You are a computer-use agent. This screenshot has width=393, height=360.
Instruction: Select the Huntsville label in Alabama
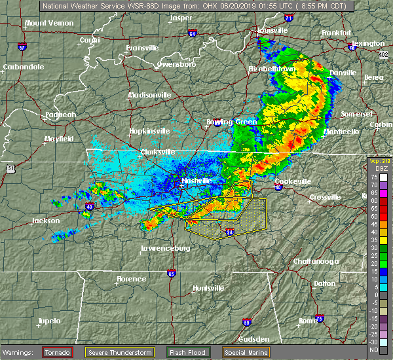[208, 289]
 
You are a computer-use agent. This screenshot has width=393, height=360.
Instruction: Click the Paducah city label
[61, 115]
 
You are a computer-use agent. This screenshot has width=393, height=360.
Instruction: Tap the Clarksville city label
[159, 153]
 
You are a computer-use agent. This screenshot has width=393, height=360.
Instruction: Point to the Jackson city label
[47, 221]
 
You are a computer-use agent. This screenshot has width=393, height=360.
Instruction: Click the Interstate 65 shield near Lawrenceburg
[171, 274]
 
